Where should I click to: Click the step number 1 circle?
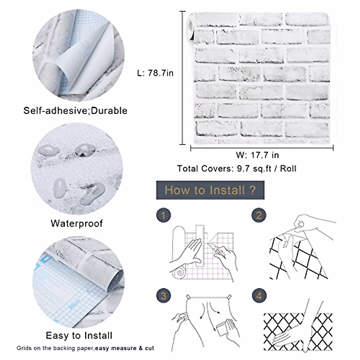tap(163, 215)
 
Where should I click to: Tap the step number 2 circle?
tap(259, 215)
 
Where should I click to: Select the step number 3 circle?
tap(163, 296)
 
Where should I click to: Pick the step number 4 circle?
tap(259, 296)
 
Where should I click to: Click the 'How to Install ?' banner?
tap(210, 190)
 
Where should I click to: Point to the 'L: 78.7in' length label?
tap(155, 73)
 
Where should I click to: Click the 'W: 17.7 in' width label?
tap(257, 155)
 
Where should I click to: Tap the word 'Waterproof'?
tap(77, 223)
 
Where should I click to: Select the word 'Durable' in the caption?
tap(109, 111)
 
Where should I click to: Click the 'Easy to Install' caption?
tap(79, 335)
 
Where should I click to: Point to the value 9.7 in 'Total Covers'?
tap(242, 169)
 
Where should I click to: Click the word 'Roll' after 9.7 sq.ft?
tap(288, 169)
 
